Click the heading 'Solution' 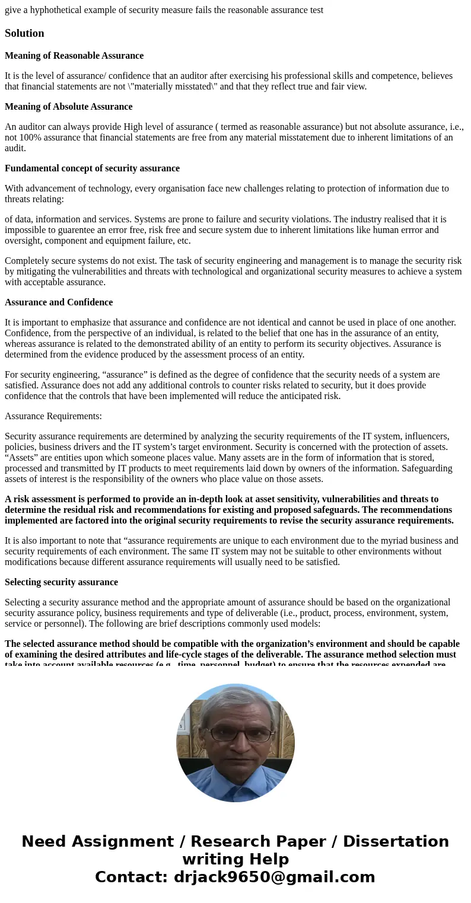[24, 33]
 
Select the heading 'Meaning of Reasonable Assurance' [74, 56]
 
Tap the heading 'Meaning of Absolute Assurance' [68, 107]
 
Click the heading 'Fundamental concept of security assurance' [92, 168]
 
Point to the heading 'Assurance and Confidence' [59, 302]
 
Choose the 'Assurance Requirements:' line [53, 416]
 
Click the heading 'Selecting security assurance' [61, 582]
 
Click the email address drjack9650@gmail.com [274, 878]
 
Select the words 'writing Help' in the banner [235, 860]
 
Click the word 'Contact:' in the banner [131, 878]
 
